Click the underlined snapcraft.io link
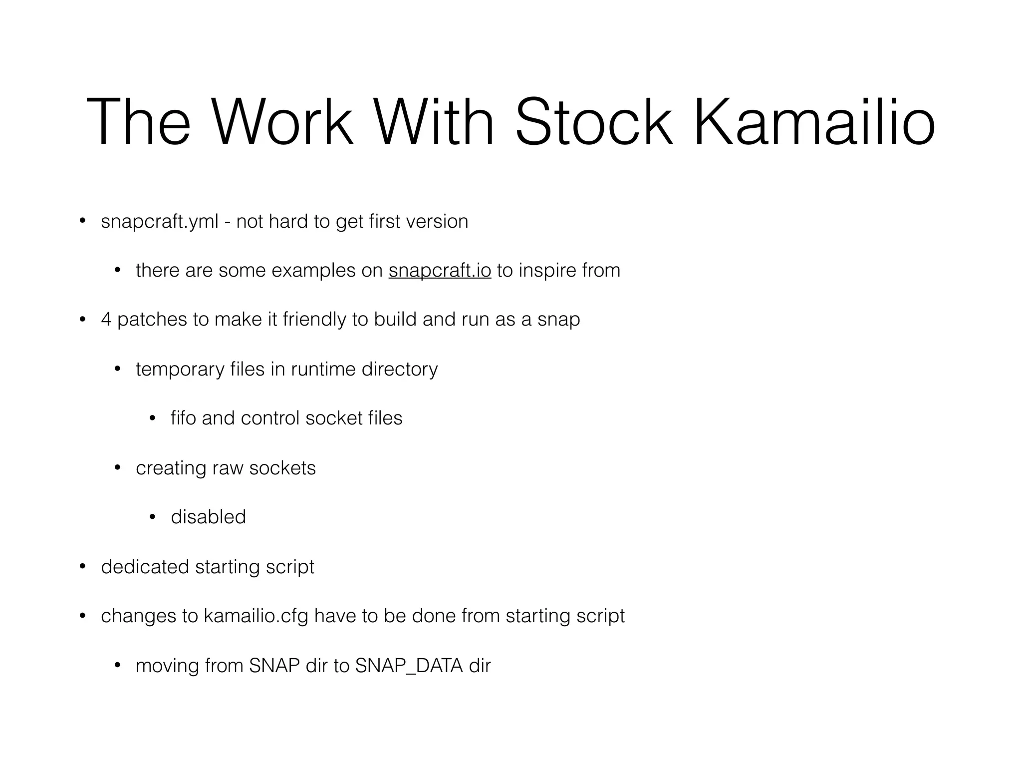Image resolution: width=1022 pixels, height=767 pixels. pyautogui.click(x=440, y=271)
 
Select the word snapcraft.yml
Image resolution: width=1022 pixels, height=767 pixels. pyautogui.click(x=160, y=222)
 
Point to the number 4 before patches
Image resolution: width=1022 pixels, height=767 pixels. pyautogui.click(x=106, y=320)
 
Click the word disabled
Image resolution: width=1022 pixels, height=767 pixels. pyautogui.click(x=208, y=517)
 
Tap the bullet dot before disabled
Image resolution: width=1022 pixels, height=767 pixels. pyautogui.click(x=153, y=517)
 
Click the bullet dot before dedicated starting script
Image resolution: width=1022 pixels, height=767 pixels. pyautogui.click(x=83, y=566)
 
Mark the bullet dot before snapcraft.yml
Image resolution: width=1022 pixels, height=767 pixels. pyautogui.click(x=83, y=221)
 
